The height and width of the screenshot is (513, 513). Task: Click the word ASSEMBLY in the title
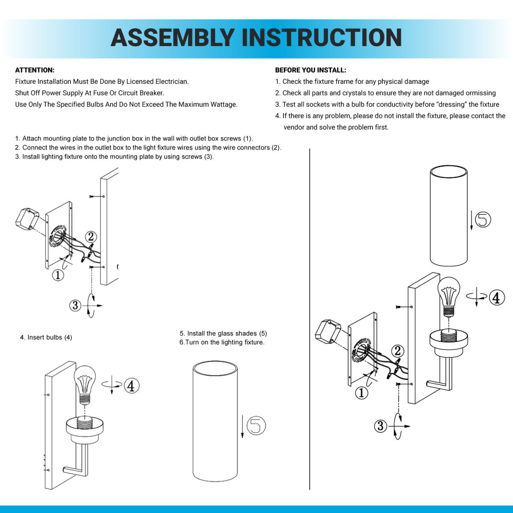(x=172, y=38)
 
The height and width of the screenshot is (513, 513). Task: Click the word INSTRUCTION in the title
(x=322, y=38)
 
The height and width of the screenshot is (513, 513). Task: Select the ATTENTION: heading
(x=35, y=70)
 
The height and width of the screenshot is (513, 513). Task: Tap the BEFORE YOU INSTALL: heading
(x=311, y=70)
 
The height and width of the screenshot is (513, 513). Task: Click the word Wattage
(x=224, y=105)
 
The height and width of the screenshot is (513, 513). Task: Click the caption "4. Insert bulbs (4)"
(x=46, y=337)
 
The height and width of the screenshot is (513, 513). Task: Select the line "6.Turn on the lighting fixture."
(x=222, y=342)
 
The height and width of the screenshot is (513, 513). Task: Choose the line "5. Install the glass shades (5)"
(x=223, y=333)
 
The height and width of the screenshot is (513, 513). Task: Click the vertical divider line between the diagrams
(x=310, y=319)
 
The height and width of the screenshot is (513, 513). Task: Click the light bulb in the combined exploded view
(x=449, y=297)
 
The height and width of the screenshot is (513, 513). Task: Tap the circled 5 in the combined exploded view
(x=483, y=219)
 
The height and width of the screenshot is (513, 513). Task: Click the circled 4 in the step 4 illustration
(x=132, y=386)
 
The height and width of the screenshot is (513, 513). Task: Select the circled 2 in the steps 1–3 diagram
(x=91, y=237)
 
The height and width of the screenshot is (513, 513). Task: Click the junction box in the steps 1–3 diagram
(x=27, y=219)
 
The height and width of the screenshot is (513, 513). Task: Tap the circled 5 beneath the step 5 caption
(x=256, y=425)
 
